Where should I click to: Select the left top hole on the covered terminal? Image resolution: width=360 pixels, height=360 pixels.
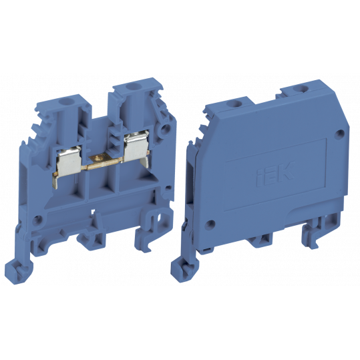pos(234,103)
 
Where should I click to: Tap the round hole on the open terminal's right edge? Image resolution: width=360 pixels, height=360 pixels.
pos(162,130)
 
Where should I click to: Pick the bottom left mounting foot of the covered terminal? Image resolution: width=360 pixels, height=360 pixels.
pos(193,264)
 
